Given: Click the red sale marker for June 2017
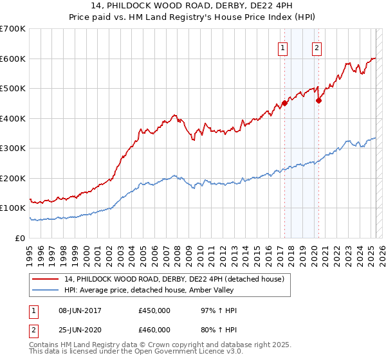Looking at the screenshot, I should pyautogui.click(x=284, y=104).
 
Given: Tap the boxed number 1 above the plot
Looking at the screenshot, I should pyautogui.click(x=283, y=46).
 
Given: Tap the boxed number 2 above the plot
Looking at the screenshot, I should pyautogui.click(x=317, y=46).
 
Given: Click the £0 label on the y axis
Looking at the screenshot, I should pyautogui.click(x=21, y=238).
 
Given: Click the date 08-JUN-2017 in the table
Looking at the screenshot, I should pyautogui.click(x=80, y=310).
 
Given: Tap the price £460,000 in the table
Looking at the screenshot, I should pyautogui.click(x=154, y=329).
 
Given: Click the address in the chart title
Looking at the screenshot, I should pyautogui.click(x=193, y=8).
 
